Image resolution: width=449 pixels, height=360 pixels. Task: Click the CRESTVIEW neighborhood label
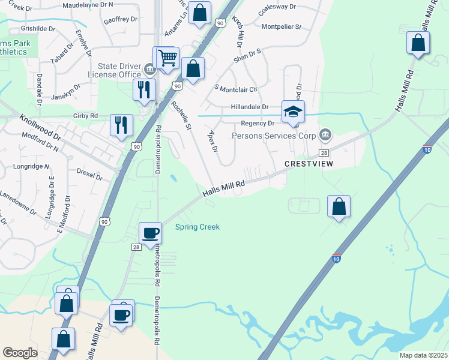(309, 163)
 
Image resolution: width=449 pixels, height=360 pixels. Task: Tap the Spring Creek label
(197, 227)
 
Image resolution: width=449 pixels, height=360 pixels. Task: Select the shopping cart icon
(167, 58)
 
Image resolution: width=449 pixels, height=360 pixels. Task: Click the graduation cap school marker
(293, 112)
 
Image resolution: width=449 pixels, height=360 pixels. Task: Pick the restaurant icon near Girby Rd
(122, 125)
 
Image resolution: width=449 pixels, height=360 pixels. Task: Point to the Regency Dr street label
(257, 123)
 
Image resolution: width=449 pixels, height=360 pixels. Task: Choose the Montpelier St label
(282, 27)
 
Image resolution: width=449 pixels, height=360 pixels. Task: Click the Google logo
(20, 353)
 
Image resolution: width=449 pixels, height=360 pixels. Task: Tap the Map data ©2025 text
(423, 355)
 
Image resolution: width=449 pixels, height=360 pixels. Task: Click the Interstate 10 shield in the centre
(337, 259)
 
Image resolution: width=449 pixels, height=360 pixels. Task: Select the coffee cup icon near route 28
(150, 232)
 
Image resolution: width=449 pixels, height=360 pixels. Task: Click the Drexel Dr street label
(90, 174)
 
